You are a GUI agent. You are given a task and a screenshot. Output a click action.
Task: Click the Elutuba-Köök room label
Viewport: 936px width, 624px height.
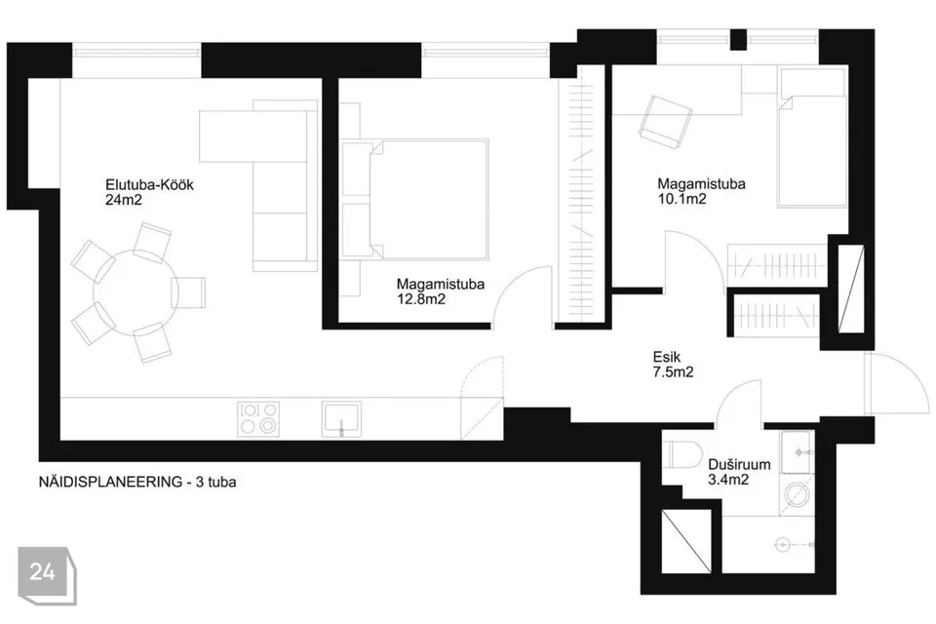click(149, 185)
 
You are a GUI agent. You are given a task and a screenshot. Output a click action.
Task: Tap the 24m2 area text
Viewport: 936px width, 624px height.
click(124, 200)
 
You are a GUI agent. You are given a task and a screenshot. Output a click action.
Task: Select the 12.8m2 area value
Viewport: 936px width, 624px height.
click(421, 299)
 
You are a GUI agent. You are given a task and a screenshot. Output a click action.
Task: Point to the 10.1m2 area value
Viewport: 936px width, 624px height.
click(682, 199)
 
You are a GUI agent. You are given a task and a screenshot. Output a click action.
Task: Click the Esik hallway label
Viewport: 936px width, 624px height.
click(666, 357)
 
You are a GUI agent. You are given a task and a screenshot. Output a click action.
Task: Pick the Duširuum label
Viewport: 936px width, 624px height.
click(739, 464)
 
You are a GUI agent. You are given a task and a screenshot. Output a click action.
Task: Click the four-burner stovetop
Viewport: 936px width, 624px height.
click(258, 418)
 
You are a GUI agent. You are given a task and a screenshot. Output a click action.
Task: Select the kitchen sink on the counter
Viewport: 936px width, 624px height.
click(341, 418)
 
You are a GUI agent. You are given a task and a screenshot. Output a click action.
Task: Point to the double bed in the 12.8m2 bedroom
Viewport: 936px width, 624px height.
click(429, 200)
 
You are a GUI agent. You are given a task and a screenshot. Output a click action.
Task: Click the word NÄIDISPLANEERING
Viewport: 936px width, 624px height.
click(110, 482)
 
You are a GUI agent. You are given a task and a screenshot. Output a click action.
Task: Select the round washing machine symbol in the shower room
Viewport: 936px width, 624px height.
click(797, 495)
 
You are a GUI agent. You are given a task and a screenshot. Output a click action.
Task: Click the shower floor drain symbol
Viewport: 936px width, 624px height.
click(782, 545)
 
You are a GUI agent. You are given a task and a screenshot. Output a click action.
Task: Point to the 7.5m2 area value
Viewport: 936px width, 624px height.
click(674, 372)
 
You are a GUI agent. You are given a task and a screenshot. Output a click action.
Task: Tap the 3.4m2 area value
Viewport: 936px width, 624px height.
click(728, 480)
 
